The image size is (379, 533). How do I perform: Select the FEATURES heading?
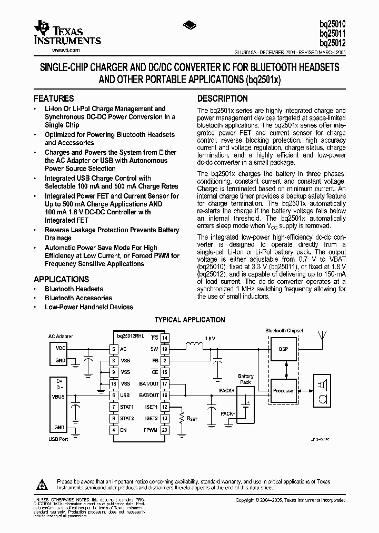pyautogui.click(x=54, y=98)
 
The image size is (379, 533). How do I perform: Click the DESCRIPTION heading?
pyautogui.click(x=222, y=98)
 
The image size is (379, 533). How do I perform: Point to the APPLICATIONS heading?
pyautogui.click(x=62, y=279)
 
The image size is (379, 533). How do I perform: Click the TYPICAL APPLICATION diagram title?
pyautogui.click(x=189, y=320)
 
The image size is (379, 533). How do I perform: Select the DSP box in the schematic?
pyautogui.click(x=283, y=349)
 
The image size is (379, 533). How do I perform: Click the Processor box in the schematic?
pyautogui.click(x=284, y=390)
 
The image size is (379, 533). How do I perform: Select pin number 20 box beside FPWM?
pyautogui.click(x=165, y=430)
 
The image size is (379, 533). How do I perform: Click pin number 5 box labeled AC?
pyautogui.click(x=113, y=349)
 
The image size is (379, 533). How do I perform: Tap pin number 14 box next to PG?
pyautogui.click(x=165, y=337)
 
